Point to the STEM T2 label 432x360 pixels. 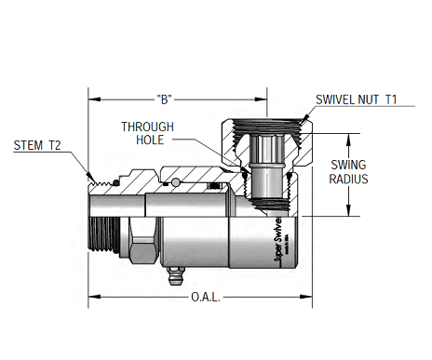[38, 145]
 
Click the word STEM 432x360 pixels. [30, 145]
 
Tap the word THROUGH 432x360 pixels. [146, 127]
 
